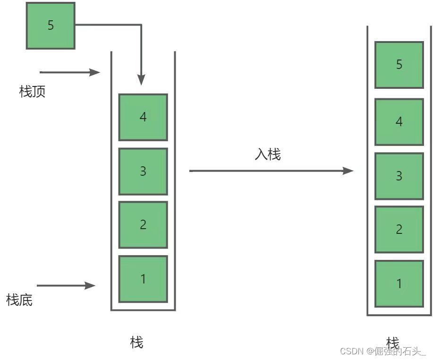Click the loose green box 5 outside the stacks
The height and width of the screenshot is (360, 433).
[51, 26]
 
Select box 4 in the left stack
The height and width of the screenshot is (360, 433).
[143, 117]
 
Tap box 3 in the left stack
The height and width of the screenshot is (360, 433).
[143, 171]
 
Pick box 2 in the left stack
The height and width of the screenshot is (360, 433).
[143, 224]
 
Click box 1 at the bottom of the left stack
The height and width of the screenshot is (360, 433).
[143, 279]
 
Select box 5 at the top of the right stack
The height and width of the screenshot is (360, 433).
[399, 65]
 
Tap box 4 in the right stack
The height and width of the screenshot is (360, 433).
[399, 122]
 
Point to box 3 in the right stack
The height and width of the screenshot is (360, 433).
[399, 176]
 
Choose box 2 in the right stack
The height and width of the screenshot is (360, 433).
[399, 229]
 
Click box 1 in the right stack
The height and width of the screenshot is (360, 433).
[399, 283]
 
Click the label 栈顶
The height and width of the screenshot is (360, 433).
[32, 92]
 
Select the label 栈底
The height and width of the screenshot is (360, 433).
[19, 300]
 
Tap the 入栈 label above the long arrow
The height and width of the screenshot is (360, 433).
[268, 154]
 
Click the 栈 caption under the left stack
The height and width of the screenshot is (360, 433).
[136, 343]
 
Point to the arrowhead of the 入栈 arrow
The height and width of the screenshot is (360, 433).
[348, 171]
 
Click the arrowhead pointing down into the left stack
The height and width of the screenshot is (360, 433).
[141, 80]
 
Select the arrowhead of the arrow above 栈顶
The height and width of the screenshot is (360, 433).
[94, 72]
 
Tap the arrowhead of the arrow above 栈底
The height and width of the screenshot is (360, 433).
[90, 285]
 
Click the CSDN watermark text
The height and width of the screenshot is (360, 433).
[383, 351]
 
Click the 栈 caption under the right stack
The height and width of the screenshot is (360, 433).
[392, 343]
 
